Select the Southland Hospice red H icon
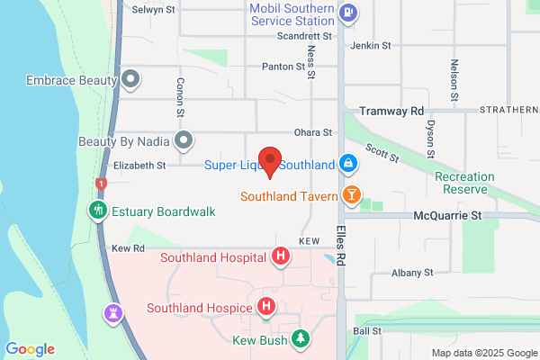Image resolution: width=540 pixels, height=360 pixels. tap(266, 308)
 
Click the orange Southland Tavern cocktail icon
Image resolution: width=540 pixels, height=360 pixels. tap(351, 194)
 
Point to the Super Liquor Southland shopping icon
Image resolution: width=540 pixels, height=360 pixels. tap(347, 165)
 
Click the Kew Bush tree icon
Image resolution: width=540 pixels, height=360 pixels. tap(303, 338)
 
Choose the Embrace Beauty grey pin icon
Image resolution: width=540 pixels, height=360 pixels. tap(130, 79)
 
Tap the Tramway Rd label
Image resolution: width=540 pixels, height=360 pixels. tap(391, 111)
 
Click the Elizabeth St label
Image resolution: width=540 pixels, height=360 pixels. tap(139, 166)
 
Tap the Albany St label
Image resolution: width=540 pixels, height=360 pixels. tap(412, 272)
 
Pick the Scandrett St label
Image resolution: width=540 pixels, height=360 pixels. tap(305, 37)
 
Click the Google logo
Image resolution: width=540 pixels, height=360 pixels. tap(30, 349)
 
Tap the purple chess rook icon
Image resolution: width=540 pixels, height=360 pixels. tap(114, 314)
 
